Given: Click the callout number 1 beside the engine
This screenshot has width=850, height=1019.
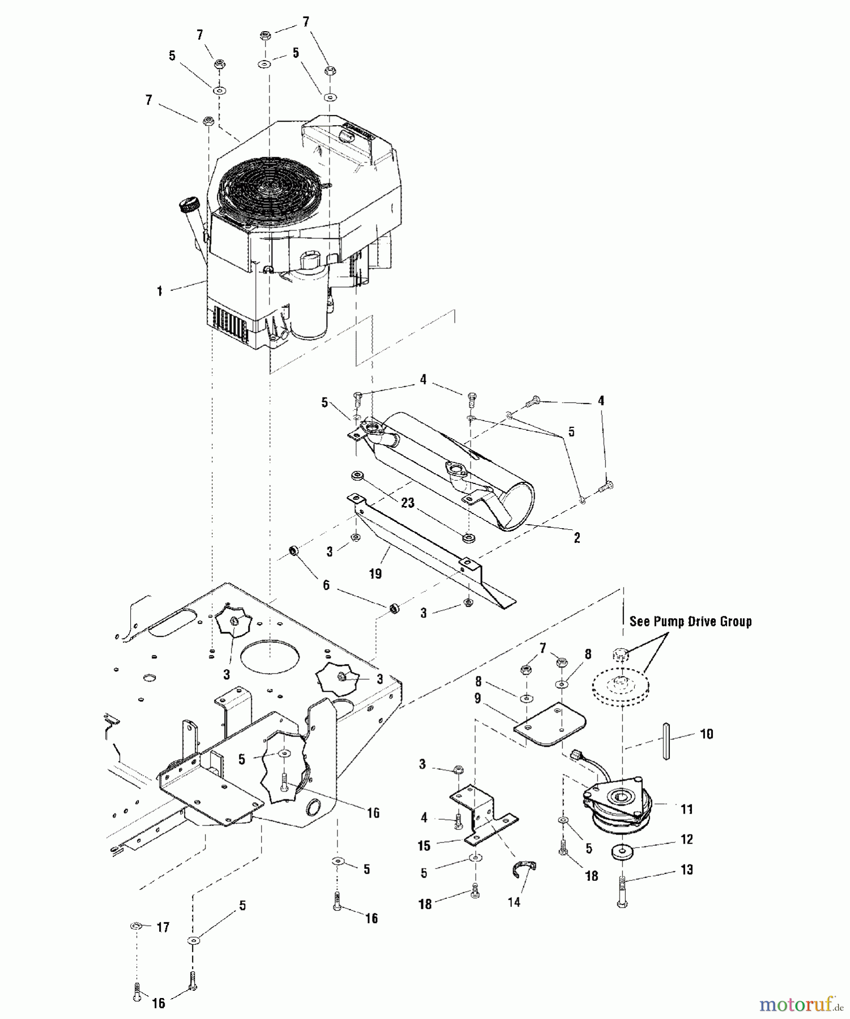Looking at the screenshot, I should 160,291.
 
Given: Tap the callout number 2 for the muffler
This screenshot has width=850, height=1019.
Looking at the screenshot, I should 576,538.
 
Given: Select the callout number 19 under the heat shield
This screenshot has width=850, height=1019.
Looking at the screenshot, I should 375,574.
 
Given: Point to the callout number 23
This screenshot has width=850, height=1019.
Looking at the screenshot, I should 408,503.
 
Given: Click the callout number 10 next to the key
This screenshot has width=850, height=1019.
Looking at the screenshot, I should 706,734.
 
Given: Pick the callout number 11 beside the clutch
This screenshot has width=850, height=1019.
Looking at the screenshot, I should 686,810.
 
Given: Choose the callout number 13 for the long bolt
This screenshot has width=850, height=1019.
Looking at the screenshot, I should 686,870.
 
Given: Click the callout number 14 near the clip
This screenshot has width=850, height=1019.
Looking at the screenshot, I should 514,902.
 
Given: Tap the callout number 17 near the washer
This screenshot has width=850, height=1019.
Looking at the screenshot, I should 163,927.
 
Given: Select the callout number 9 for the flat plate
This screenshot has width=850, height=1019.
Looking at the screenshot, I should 477,699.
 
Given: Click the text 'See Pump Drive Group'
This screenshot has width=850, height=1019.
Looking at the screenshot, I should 690,622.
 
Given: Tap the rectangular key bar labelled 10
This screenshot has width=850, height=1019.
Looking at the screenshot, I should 667,740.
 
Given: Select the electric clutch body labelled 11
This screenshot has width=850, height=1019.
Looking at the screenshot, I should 617,807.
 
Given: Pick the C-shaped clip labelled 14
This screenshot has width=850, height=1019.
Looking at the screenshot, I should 524,869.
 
